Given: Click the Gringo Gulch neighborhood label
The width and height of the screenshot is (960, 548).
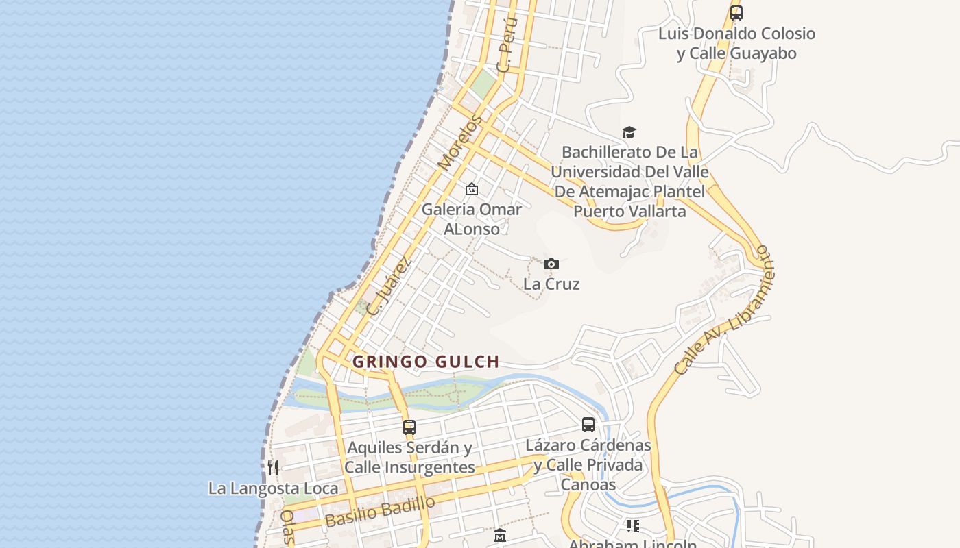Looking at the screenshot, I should tap(426, 362).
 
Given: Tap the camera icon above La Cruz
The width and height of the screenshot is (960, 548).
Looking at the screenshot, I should tap(551, 264).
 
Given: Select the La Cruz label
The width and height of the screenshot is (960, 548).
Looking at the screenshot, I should tap(551, 284).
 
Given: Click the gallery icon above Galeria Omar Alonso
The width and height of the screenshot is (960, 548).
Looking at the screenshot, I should tap(472, 189).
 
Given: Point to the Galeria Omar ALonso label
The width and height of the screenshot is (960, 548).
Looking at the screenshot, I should tap(472, 219).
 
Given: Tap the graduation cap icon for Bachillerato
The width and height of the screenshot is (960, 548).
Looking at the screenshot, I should tap(629, 132).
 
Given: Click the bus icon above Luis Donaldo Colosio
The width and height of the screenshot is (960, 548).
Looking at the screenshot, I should tap(736, 13).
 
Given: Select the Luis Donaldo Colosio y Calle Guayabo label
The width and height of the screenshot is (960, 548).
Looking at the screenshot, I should tap(736, 43).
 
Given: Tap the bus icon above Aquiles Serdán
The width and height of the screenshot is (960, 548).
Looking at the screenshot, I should tap(409, 427).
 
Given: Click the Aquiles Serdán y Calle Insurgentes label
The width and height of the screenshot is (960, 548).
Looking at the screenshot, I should tap(409, 458).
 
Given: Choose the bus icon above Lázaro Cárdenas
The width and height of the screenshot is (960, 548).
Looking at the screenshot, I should tap(588, 425).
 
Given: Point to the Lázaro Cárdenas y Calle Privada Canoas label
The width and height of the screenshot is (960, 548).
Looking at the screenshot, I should tap(588, 465).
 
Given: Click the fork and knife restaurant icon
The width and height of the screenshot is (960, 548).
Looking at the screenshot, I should tap(273, 468).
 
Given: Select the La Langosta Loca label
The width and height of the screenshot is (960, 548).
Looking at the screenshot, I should tap(273, 488).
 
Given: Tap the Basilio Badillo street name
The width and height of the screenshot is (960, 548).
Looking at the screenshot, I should tap(380, 511).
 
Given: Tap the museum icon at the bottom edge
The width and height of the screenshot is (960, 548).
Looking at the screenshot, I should tap(499, 536).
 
